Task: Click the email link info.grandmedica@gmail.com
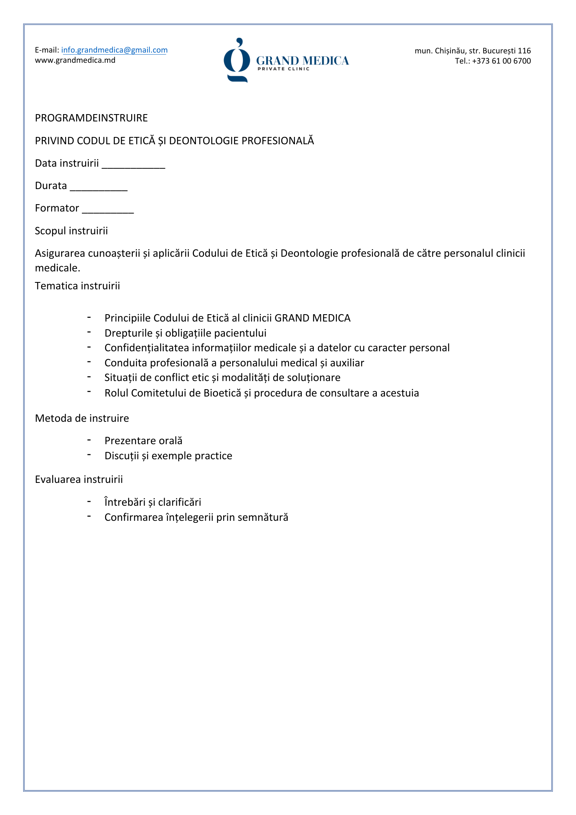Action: point(114,50)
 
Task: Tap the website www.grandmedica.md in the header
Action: point(75,60)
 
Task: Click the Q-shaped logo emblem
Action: point(237,60)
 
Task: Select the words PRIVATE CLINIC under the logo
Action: point(284,69)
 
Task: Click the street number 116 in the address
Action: point(524,51)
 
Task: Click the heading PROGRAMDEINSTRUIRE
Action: point(91,118)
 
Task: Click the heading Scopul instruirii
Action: point(71,231)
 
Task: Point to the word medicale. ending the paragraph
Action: point(57,268)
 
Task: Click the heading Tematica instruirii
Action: point(77,286)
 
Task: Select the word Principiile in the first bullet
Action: point(128,318)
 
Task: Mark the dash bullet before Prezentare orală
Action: point(89,440)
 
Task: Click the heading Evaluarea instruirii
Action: point(79,480)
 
